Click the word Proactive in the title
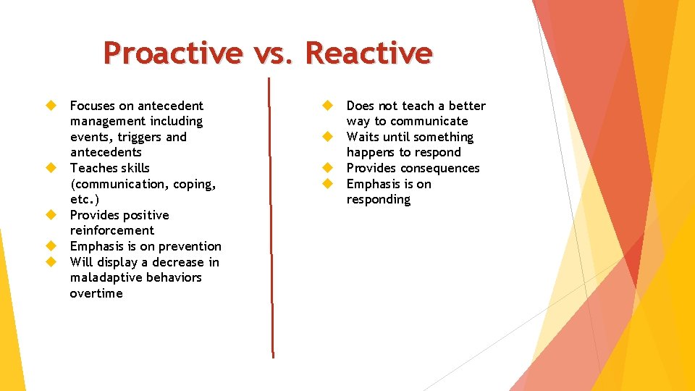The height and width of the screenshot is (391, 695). click(x=172, y=53)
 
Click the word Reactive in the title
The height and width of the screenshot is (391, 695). click(x=368, y=53)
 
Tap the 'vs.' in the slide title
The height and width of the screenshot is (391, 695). click(x=272, y=53)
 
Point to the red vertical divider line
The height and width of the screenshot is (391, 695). click(x=271, y=217)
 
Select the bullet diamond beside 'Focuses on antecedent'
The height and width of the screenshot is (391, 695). click(x=51, y=106)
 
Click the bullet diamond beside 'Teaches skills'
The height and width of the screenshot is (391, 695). click(x=51, y=168)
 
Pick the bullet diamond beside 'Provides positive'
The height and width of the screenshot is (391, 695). click(x=51, y=215)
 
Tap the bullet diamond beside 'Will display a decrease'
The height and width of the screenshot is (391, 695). click(x=51, y=262)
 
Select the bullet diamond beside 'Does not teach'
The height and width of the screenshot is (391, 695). click(x=327, y=106)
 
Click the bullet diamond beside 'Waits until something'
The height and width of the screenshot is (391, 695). click(x=327, y=137)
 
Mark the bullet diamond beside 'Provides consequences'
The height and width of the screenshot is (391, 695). click(x=327, y=168)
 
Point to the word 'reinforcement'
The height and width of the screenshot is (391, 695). click(x=112, y=231)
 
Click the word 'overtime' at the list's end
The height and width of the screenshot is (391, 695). click(x=96, y=294)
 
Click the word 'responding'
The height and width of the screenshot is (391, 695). click(x=379, y=200)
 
